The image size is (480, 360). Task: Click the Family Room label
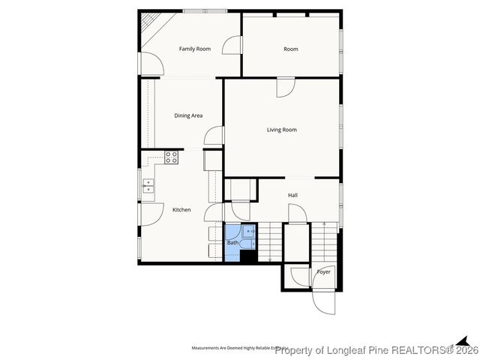(x=194, y=49)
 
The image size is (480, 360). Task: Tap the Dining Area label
(x=188, y=115)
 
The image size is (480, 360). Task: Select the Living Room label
(x=282, y=130)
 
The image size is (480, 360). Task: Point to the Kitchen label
(x=181, y=210)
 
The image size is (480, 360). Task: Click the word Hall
(x=292, y=195)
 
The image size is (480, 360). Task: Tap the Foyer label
(x=324, y=271)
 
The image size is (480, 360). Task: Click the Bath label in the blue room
(x=232, y=243)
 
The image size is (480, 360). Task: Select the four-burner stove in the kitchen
(x=171, y=157)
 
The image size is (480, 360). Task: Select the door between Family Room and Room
(x=236, y=46)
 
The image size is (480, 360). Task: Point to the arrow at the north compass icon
(x=463, y=340)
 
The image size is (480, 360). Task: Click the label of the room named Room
(x=291, y=49)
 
